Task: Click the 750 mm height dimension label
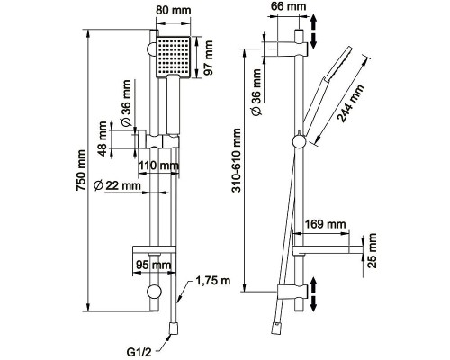tap(81, 170)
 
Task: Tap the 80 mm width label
tap(174, 10)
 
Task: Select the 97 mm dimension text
tap(208, 58)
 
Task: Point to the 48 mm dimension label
tap(103, 139)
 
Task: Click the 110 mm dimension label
tap(158, 166)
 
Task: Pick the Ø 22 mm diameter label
tap(117, 185)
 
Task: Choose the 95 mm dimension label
tap(154, 265)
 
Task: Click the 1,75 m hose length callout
tap(213, 281)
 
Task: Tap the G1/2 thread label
tap(139, 352)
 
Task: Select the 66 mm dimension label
tap(288, 6)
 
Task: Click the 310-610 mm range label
tap(237, 160)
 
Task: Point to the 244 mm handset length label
tap(350, 103)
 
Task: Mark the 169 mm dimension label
tap(325, 224)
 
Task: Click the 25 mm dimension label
tap(372, 250)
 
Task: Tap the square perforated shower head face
tap(174, 57)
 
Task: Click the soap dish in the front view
tap(154, 250)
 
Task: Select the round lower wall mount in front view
tap(154, 292)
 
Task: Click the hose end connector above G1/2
tap(174, 328)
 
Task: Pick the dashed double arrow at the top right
tap(313, 32)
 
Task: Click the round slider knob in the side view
tap(300, 141)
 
